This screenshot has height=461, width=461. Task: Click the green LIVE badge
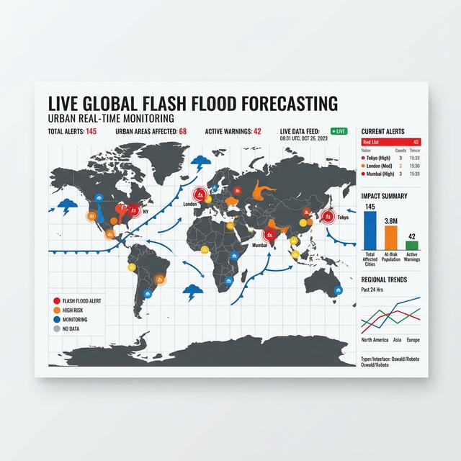coord(339,131)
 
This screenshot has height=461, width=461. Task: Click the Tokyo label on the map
coord(343,218)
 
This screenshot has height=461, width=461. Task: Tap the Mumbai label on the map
coord(260,245)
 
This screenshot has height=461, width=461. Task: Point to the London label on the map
coord(190,204)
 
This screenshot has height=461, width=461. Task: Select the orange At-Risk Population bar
coord(391,236)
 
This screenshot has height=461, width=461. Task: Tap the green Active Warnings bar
coord(412,245)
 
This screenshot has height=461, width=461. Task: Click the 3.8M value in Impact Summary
coord(391,221)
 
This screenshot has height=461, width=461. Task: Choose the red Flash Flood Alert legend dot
coord(56,300)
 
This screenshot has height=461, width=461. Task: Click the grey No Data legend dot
coord(56,329)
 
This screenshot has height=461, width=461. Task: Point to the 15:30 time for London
coord(414,166)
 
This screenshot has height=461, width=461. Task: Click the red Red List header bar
coord(390,142)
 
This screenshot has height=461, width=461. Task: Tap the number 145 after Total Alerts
coord(91,131)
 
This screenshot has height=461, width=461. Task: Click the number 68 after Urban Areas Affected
coord(183,131)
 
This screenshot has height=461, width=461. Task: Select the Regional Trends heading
coord(384,279)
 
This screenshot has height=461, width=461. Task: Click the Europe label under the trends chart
coord(413,339)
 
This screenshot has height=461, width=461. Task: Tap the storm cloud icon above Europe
coord(203,164)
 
